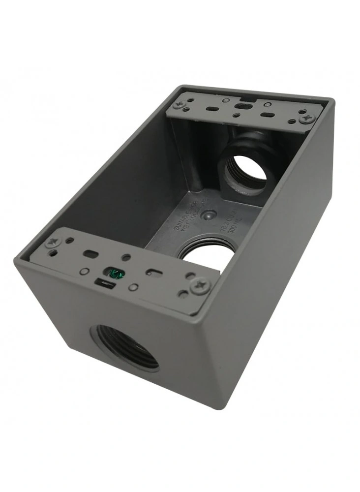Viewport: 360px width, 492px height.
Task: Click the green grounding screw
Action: pos(114,274)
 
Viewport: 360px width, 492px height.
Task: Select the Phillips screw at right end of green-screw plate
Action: pos(201,285)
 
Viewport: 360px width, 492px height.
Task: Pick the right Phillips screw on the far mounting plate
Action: pos(306,118)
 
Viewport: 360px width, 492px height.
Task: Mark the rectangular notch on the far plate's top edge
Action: pos(242,104)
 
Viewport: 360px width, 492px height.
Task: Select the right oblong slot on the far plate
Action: pos(268,115)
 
